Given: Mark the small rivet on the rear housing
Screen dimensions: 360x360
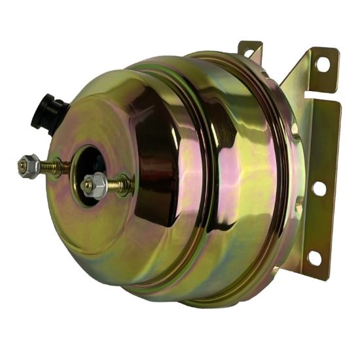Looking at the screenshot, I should (299, 207).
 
